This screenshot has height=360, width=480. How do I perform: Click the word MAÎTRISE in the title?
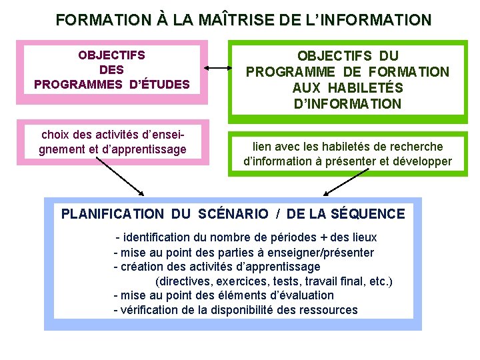coord(234,20)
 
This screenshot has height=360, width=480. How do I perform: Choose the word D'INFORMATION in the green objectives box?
coord(347,104)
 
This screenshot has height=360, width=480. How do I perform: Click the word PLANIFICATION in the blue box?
coord(112,214)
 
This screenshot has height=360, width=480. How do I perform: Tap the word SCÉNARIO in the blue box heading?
coord(233,214)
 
